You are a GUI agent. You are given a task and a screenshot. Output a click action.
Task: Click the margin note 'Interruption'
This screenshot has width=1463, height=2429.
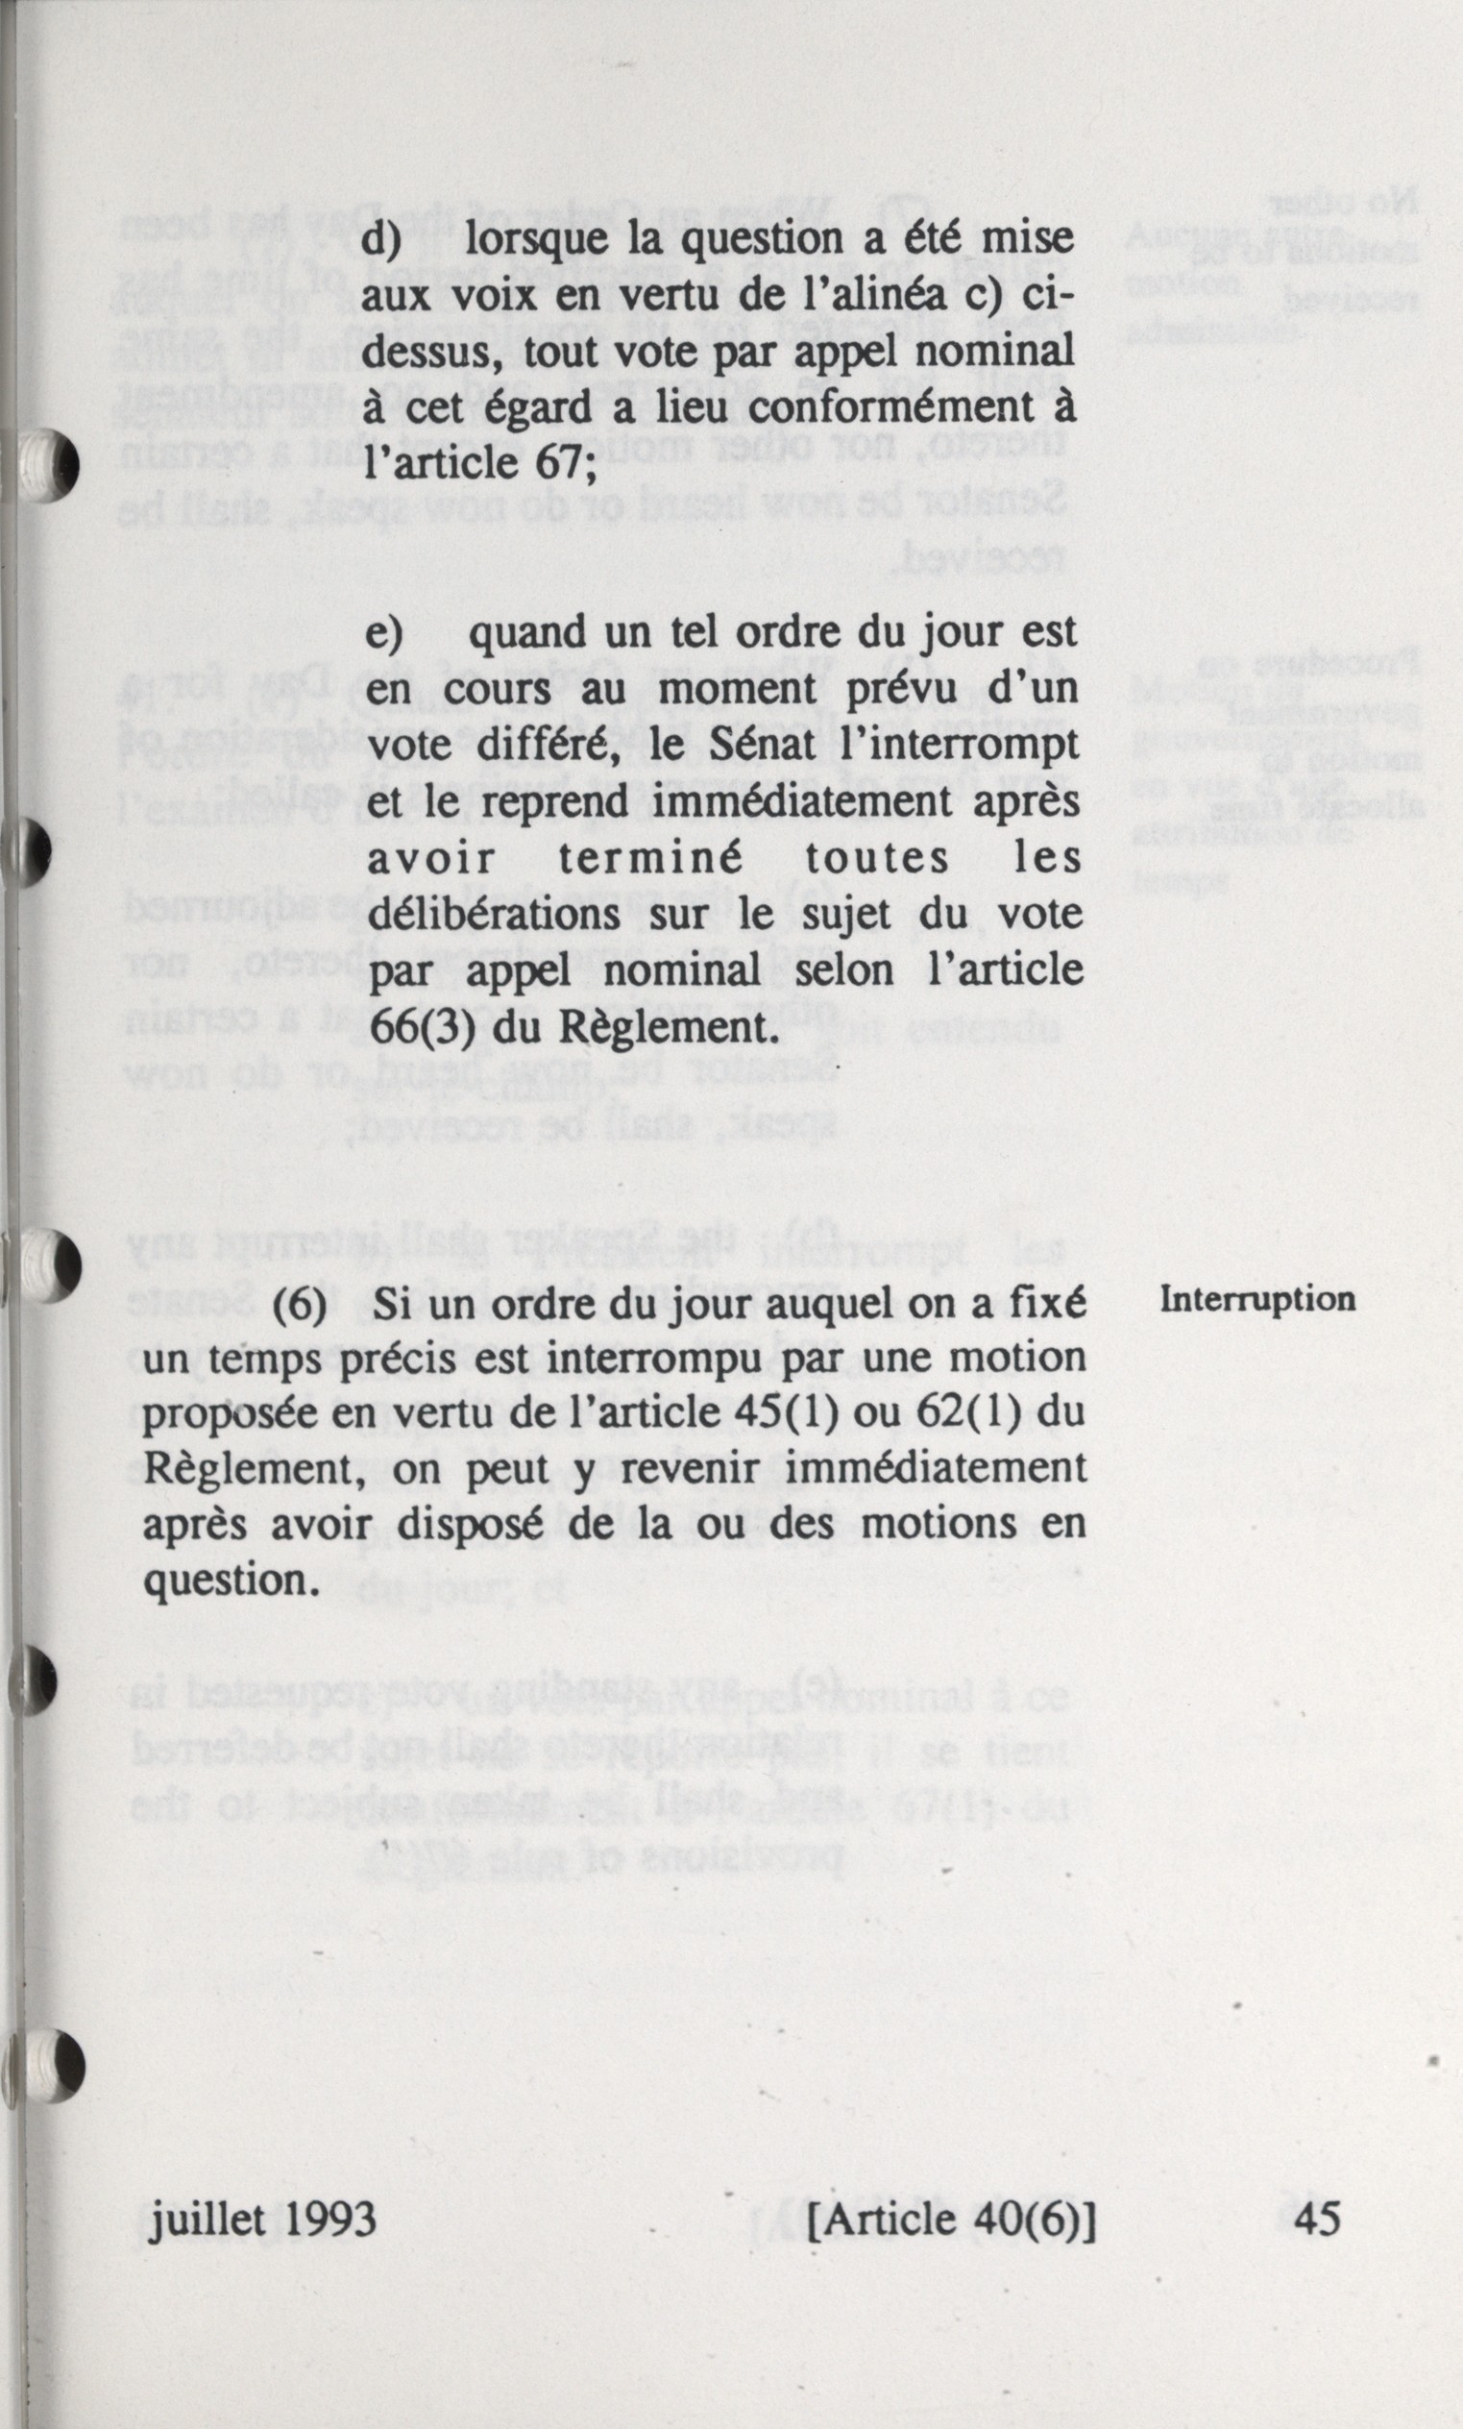pyautogui.click(x=1257, y=1300)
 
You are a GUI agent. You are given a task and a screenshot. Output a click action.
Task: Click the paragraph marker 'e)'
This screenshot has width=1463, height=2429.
pyautogui.click(x=385, y=632)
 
